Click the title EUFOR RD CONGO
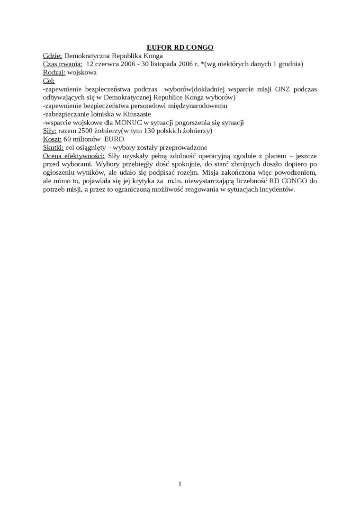tap(180, 47)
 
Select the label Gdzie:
tap(52, 56)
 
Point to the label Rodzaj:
tap(54, 73)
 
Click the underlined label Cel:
tap(49, 81)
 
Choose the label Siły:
tap(50, 131)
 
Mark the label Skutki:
tap(53, 147)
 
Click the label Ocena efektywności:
tap(74, 156)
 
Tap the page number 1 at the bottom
tap(180, 483)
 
